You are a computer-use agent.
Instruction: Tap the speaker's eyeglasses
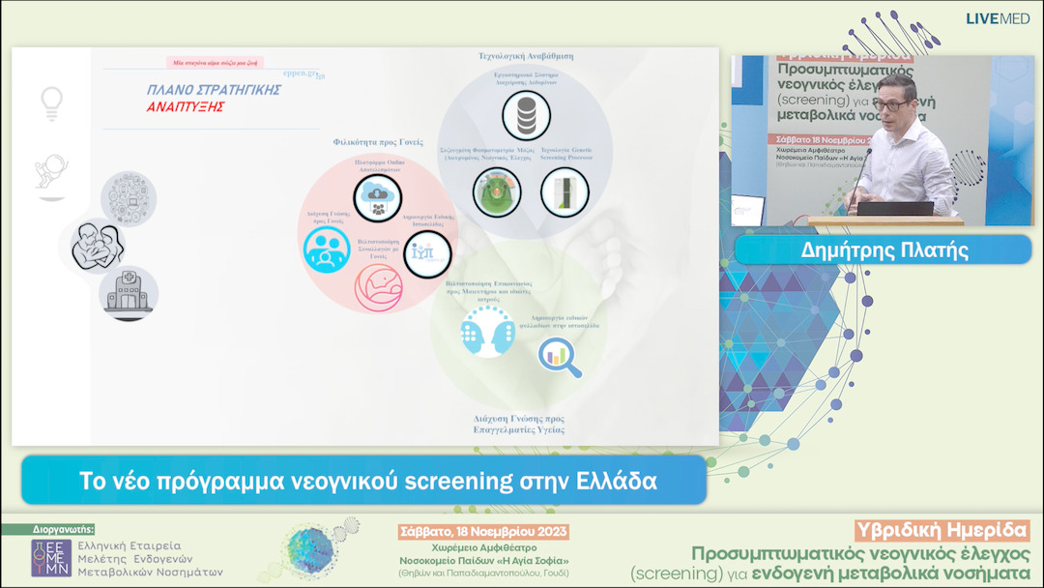click(x=889, y=103)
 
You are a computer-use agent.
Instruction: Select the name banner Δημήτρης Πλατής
click(x=884, y=250)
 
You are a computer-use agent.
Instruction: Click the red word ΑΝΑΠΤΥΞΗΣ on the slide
click(x=186, y=106)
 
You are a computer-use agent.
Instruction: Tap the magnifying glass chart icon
click(x=560, y=356)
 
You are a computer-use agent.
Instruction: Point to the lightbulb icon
click(x=51, y=102)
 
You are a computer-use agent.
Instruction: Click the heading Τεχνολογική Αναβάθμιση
click(x=525, y=56)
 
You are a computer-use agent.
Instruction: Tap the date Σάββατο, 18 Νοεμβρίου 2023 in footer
click(x=484, y=532)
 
